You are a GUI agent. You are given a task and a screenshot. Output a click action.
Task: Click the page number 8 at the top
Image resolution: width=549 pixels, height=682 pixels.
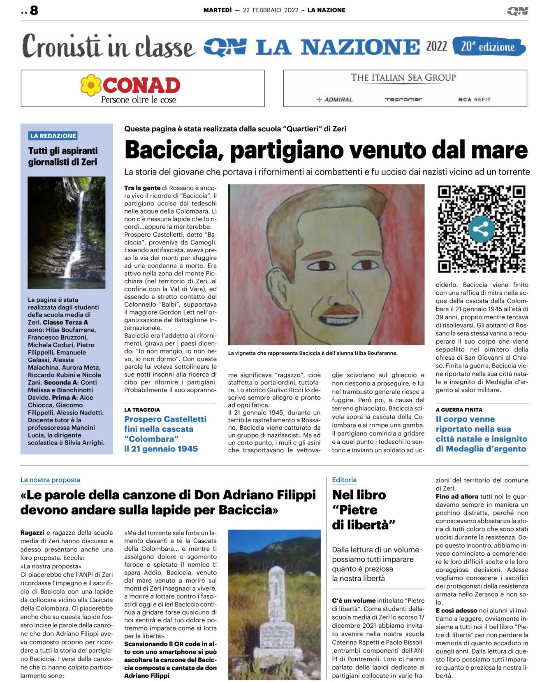pyautogui.click(x=34, y=10)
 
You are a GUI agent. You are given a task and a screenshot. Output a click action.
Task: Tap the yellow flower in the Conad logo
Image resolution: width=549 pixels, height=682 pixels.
pyautogui.click(x=91, y=85)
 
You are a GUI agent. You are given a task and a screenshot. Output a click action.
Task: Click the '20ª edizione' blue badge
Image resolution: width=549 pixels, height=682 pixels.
pyautogui.click(x=489, y=47)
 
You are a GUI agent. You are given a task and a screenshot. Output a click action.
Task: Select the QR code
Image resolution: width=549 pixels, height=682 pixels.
pyautogui.click(x=482, y=229)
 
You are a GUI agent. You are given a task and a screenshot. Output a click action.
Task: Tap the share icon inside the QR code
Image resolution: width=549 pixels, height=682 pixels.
pyautogui.click(x=482, y=229)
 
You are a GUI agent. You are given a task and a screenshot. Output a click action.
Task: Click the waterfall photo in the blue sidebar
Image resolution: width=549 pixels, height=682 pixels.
pyautogui.click(x=66, y=233)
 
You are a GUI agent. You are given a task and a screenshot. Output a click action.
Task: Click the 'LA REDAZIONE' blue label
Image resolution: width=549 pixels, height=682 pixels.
pyautogui.click(x=53, y=136)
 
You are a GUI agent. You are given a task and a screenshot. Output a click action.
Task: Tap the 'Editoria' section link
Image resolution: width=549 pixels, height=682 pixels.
pyautogui.click(x=344, y=480)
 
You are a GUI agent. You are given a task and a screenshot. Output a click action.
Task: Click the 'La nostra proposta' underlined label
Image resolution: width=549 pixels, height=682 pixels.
pyautogui.click(x=50, y=480)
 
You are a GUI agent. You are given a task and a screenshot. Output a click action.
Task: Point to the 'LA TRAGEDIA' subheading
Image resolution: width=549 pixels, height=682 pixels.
pyautogui.click(x=142, y=410)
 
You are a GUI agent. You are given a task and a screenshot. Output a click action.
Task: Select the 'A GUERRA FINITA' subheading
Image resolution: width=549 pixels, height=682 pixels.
pyautogui.click(x=459, y=410)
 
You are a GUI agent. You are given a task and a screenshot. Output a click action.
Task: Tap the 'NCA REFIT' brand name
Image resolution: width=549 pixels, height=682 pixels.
pyautogui.click(x=474, y=100)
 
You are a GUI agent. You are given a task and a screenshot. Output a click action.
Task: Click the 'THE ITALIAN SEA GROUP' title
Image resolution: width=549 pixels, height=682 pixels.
pyautogui.click(x=403, y=78)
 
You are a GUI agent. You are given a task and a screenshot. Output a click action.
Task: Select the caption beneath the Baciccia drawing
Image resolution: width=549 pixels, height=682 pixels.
pyautogui.click(x=313, y=353)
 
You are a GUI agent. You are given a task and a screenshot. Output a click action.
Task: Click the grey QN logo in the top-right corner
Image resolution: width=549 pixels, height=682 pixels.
pyautogui.click(x=517, y=11)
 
